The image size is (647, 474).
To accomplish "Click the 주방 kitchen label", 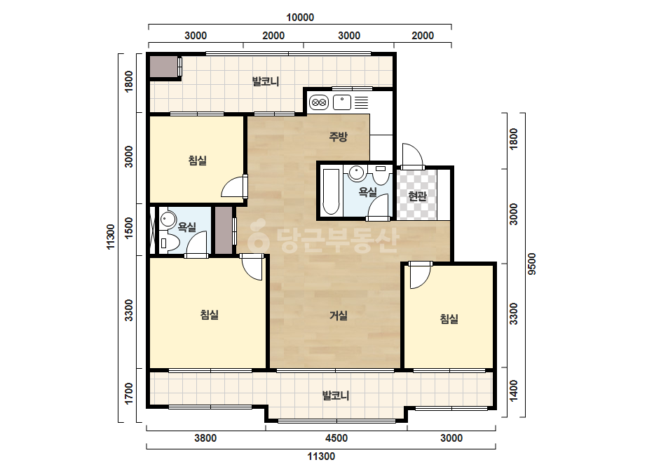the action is coord(338,137).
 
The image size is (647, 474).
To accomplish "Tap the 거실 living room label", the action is coord(338,316).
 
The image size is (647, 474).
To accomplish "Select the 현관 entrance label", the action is coord(417,196).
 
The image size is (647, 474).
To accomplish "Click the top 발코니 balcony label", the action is coord(266,81).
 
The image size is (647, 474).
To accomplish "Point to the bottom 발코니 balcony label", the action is coord(336,395).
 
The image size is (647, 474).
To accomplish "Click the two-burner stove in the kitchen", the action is coord(318,102).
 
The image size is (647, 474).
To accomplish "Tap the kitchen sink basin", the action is coord(342,102).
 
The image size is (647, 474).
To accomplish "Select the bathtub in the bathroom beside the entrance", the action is coord(331,191).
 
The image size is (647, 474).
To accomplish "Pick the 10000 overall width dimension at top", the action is coord(300,18).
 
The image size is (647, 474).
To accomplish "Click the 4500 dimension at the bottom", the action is coord(336,438).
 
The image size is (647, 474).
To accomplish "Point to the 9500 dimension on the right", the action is coord(532,264).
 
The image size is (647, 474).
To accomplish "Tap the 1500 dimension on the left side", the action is coord(129,228).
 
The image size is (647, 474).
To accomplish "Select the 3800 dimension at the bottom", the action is coord(205,438).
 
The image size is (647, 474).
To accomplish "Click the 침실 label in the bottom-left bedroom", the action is coord(209,315).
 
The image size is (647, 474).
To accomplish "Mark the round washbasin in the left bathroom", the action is coord(168,219).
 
